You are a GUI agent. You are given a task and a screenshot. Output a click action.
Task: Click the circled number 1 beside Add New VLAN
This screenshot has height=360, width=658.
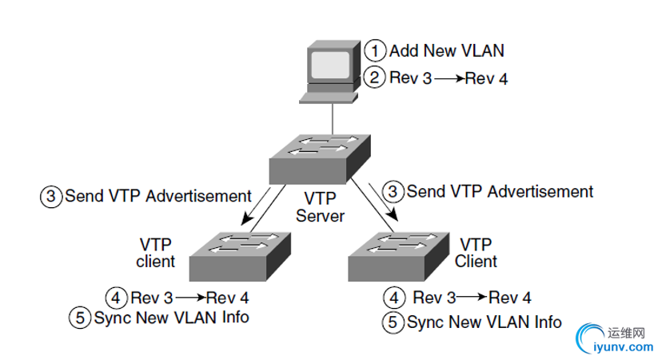376,50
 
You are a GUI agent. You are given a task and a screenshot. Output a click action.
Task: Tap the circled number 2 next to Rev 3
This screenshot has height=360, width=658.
376,78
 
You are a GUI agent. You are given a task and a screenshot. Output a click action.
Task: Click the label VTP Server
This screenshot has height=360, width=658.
320,206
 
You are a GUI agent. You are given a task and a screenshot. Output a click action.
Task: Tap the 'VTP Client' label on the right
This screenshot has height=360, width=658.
477,251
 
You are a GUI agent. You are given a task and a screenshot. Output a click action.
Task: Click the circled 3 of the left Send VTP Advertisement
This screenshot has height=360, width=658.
52,195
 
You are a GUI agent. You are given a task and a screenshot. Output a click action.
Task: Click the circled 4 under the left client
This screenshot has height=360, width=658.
118,298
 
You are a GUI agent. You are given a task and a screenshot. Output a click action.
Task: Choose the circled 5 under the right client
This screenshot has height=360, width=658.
393,323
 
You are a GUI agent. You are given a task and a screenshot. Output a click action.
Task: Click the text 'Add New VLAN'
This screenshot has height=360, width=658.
447,50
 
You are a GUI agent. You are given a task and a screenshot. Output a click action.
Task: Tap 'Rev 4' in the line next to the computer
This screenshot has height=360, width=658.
487,78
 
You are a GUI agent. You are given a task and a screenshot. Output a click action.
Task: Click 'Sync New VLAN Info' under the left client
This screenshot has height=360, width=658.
171,318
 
